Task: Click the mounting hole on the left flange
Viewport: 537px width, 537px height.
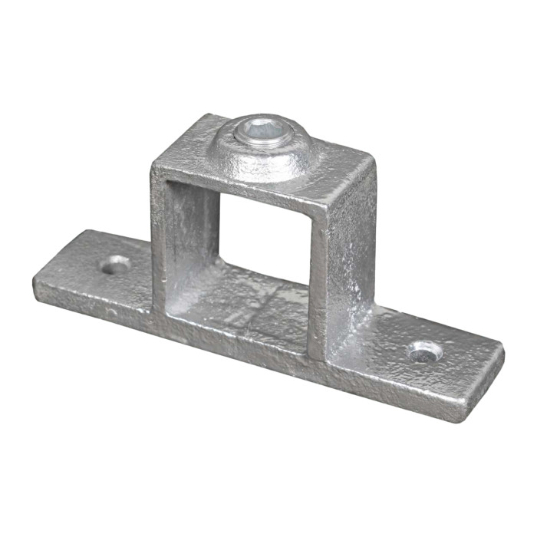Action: (x=116, y=265)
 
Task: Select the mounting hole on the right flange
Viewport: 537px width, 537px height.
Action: (x=424, y=352)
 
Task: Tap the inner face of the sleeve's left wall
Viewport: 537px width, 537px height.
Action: (x=192, y=238)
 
